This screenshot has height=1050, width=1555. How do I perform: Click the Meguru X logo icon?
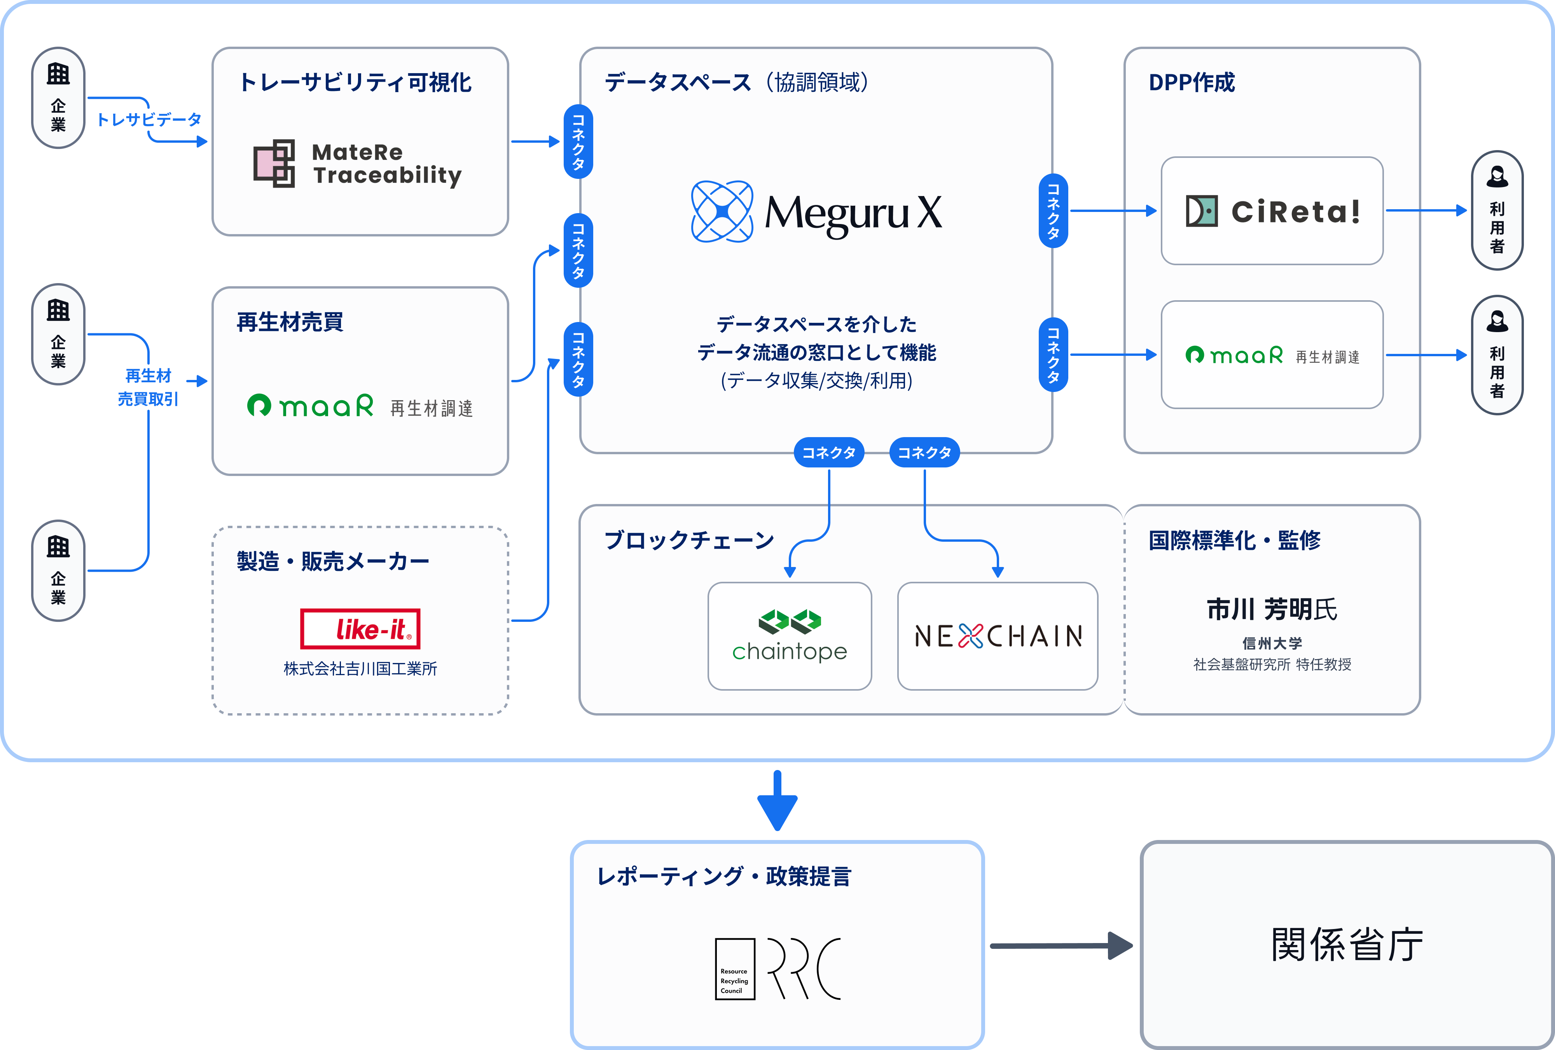(x=722, y=212)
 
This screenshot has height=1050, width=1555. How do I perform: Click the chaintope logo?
(x=790, y=636)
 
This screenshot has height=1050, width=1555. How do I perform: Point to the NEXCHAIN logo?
(x=997, y=636)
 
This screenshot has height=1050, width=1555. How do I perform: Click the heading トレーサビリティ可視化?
(x=355, y=82)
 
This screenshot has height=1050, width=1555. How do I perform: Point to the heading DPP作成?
(x=1192, y=82)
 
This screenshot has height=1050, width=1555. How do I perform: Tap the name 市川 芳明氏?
(x=1271, y=609)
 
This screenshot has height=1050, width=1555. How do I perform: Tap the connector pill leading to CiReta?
(x=1053, y=211)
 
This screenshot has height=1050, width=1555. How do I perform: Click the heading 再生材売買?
(x=290, y=322)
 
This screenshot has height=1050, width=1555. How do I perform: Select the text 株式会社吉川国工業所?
(x=360, y=668)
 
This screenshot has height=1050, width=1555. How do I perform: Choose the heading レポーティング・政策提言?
(x=723, y=876)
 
